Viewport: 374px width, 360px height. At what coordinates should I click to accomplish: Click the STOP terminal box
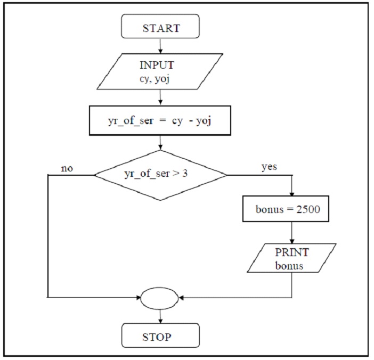pos(160,336)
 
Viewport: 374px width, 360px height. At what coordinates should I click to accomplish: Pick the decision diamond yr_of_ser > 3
pos(160,174)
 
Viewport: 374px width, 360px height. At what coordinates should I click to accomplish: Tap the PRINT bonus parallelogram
pos(292,258)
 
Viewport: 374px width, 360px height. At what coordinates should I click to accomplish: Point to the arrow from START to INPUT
pos(160,47)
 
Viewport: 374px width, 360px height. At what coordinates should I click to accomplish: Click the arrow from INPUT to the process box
pos(160,97)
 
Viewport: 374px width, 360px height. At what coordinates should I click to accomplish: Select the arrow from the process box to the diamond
pos(160,142)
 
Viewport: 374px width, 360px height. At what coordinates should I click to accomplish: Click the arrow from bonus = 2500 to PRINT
pos(292,232)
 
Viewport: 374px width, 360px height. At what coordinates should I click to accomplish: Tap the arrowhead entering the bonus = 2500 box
pos(292,194)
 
